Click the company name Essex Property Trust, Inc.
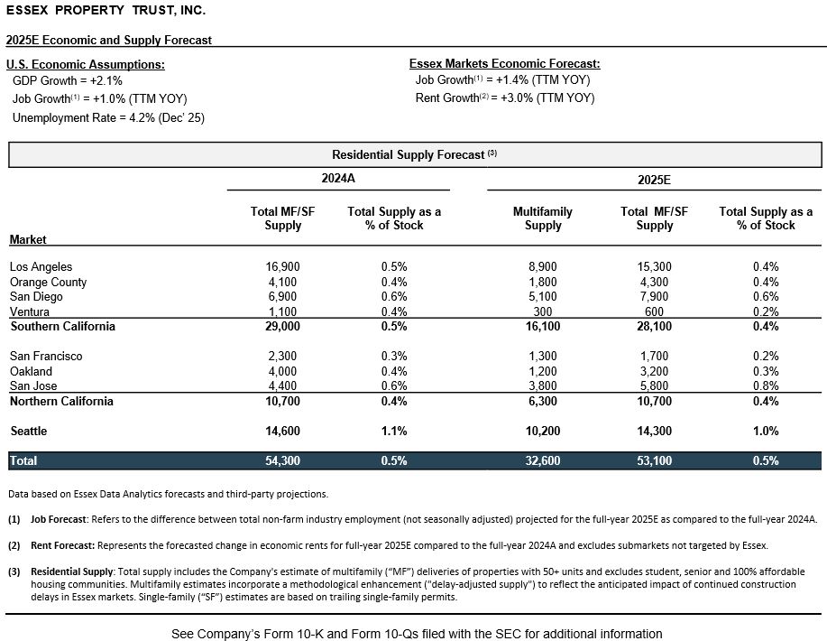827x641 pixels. [106, 11]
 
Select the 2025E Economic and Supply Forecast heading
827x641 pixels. [109, 40]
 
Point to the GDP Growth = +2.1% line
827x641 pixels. [68, 81]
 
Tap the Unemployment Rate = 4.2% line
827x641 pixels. [108, 117]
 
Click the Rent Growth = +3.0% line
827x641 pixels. [505, 98]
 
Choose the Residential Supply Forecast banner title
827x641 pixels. [413, 154]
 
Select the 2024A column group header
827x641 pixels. [339, 179]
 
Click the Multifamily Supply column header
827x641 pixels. [542, 218]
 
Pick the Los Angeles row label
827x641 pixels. [41, 266]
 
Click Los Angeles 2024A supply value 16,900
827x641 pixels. [282, 266]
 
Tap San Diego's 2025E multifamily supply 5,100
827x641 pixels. [542, 297]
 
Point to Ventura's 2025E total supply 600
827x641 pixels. [654, 312]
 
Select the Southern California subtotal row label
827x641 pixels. [62, 326]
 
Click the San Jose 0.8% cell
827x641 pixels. [766, 386]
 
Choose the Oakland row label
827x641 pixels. [31, 371]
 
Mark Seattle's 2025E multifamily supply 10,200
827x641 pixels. [542, 432]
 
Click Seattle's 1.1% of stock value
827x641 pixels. [394, 432]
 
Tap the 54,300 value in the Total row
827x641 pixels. [282, 460]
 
